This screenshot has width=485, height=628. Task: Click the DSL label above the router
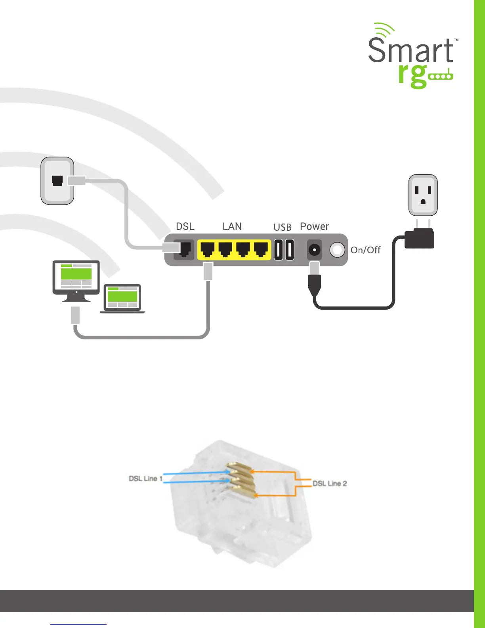[185, 226]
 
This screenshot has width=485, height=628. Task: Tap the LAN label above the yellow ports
[232, 226]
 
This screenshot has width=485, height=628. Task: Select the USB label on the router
[282, 227]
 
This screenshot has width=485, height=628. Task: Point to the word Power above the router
[314, 226]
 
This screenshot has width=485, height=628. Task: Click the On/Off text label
[365, 250]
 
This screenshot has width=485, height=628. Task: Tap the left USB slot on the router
[279, 250]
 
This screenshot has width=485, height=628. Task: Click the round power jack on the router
[314, 250]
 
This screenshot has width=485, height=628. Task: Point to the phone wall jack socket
[57, 181]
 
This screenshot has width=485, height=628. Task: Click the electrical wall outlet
[423, 195]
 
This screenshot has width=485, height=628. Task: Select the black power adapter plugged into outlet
[420, 239]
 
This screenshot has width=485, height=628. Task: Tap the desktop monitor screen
[76, 276]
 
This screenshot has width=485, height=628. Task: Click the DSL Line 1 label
[145, 479]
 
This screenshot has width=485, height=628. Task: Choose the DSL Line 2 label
[330, 483]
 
